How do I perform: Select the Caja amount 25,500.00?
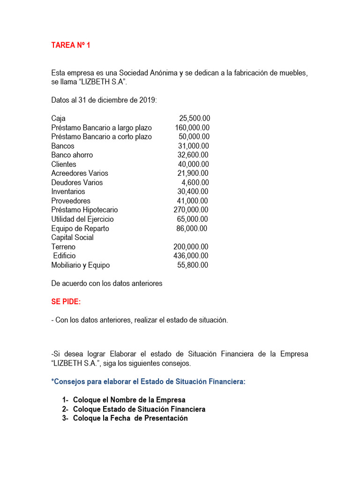pyautogui.click(x=195, y=119)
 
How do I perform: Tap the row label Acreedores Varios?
pyautogui.click(x=80, y=173)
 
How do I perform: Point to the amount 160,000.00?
pyautogui.click(x=192, y=128)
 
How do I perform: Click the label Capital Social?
pyautogui.click(x=72, y=238)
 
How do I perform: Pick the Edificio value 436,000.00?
pyautogui.click(x=191, y=256)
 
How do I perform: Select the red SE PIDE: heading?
pyautogui.click(x=66, y=302)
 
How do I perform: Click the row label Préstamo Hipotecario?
pyautogui.click(x=84, y=210)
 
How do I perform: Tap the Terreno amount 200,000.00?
pyautogui.click(x=191, y=247)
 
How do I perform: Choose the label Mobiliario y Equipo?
pyautogui.click(x=81, y=265)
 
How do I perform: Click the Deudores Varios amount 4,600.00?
pyautogui.click(x=195, y=183)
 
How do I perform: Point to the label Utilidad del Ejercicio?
pyautogui.click(x=82, y=219)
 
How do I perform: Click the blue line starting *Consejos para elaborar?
pyautogui.click(x=148, y=382)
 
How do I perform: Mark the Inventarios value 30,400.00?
pyautogui.click(x=193, y=192)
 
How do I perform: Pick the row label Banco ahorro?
pyautogui.click(x=72, y=155)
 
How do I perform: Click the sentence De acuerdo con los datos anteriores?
pyautogui.click(x=107, y=284)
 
